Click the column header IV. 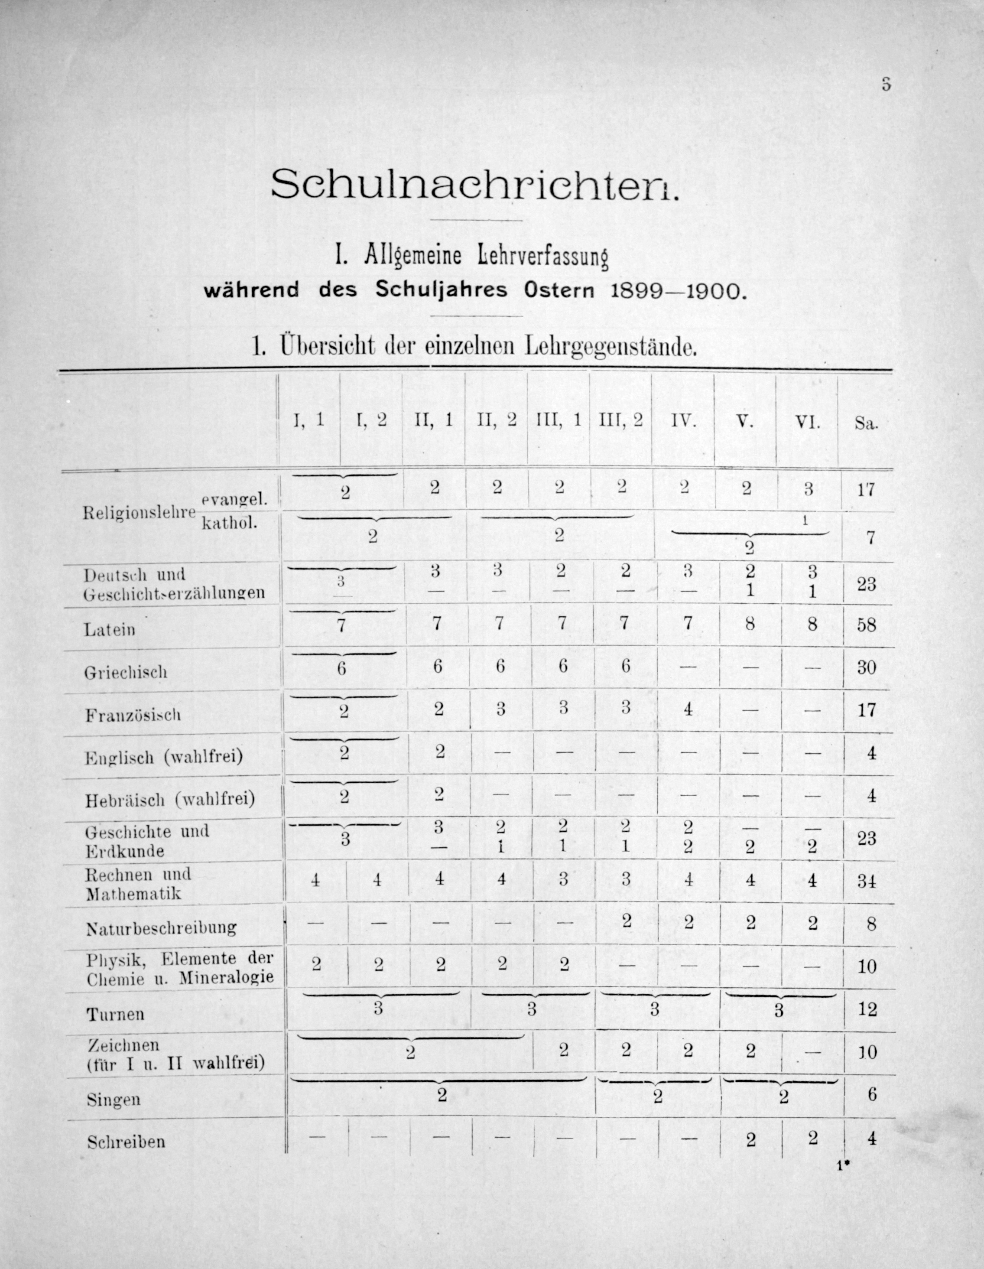click(x=683, y=421)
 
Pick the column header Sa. click(x=866, y=423)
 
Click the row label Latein click(x=110, y=629)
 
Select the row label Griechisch click(x=126, y=672)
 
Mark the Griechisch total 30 click(x=866, y=667)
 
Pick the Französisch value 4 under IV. click(x=688, y=709)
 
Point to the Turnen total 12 click(x=867, y=1009)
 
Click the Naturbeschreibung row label click(x=161, y=928)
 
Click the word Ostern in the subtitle click(x=559, y=290)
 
